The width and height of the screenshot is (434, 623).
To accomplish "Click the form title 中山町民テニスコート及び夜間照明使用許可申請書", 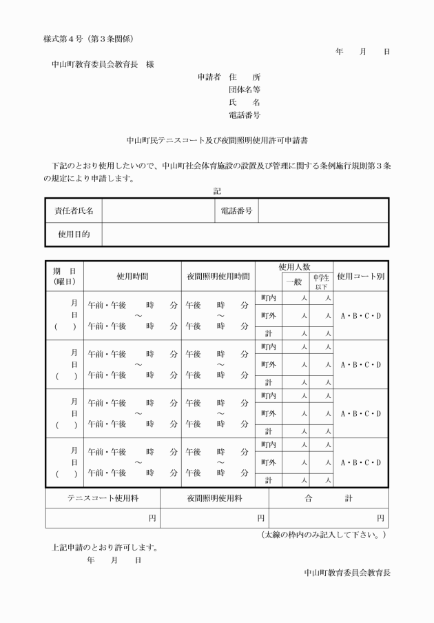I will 216,139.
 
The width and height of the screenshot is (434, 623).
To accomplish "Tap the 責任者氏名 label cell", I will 74,210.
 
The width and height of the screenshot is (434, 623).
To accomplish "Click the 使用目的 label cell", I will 74,235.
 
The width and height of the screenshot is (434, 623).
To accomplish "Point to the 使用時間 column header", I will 132,276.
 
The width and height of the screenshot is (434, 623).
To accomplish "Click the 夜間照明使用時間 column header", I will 218,276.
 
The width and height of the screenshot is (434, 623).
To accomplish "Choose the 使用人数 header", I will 294,266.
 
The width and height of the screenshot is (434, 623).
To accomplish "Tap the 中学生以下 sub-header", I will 322,281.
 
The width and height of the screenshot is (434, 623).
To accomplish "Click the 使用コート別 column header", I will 360,276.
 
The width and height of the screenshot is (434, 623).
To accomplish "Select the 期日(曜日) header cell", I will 65,276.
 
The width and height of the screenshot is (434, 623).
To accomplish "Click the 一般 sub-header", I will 294,281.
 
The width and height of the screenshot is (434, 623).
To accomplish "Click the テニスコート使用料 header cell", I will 103,497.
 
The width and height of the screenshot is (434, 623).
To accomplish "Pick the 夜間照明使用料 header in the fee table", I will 214,497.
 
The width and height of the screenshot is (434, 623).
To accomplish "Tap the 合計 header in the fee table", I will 328,497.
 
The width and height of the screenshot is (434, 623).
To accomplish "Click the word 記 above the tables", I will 217,190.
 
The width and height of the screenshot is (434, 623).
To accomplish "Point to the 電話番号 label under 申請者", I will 245,115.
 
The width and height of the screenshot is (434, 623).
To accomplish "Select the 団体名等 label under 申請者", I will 245,90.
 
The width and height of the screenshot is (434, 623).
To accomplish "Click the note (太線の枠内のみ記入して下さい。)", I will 324,535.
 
